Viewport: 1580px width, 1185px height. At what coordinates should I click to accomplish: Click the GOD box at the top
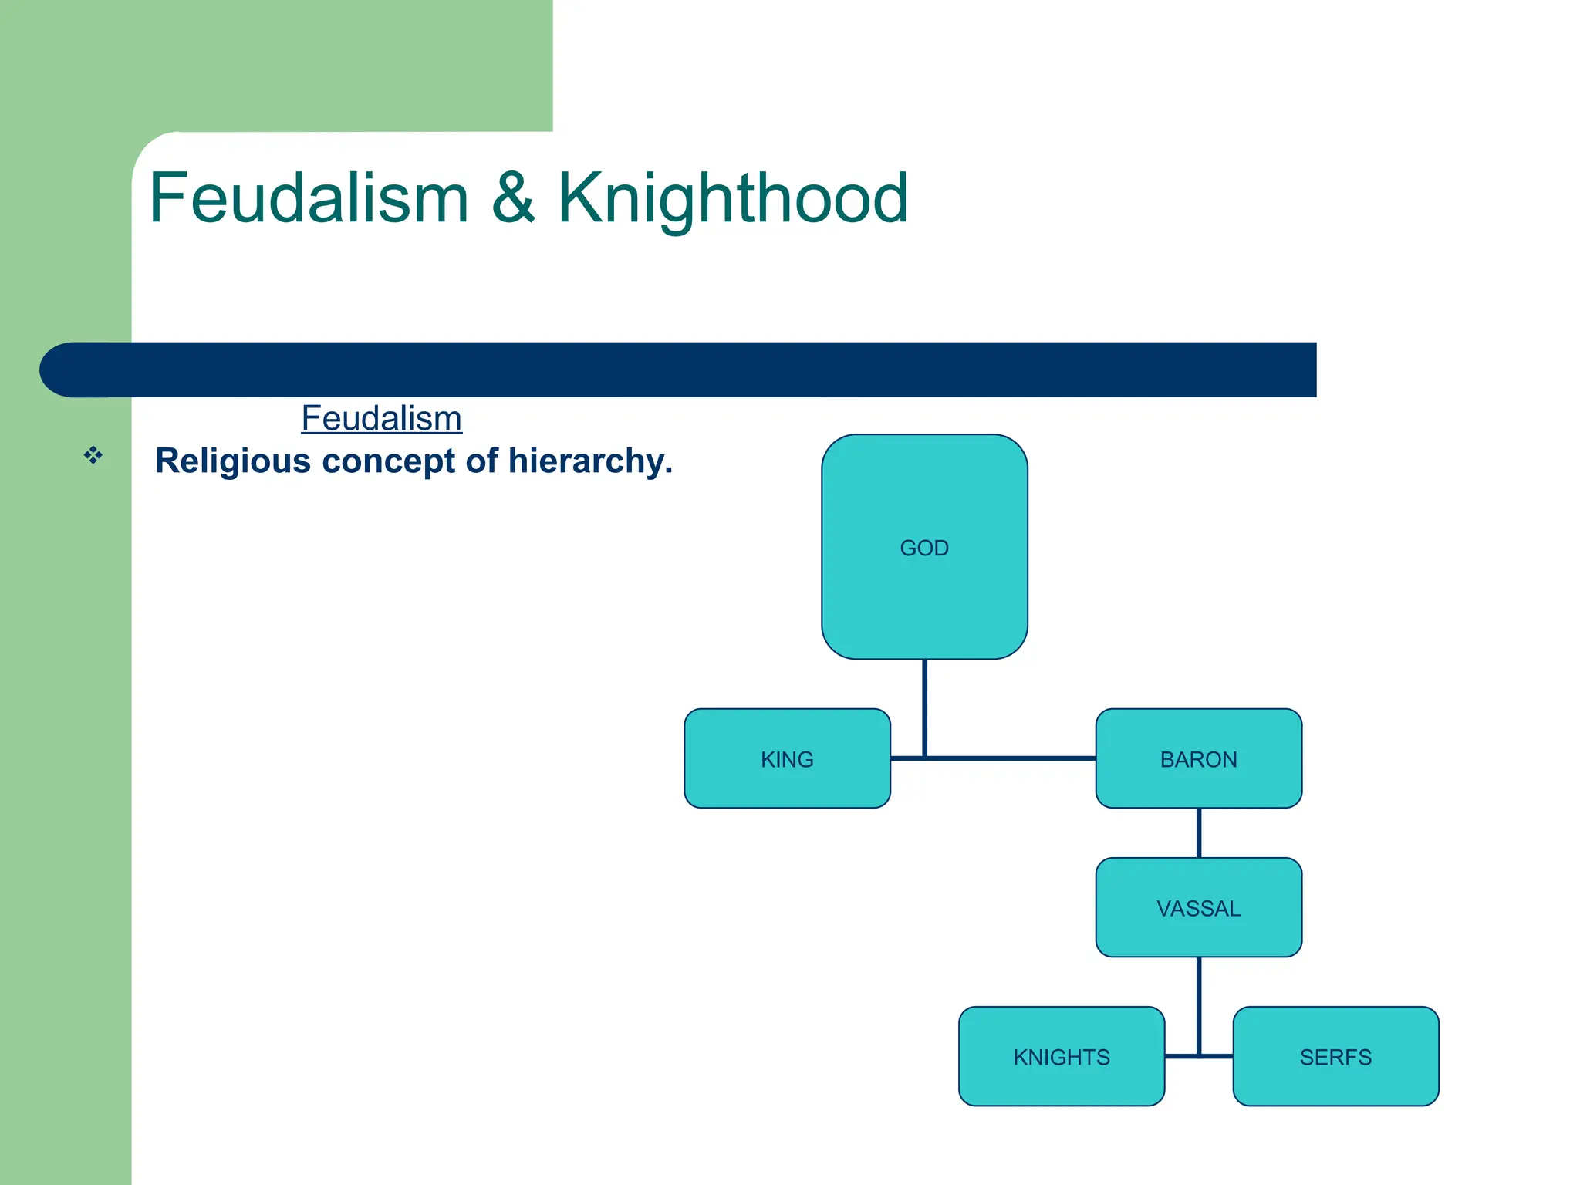[924, 546]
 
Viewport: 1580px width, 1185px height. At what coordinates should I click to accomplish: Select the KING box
[787, 758]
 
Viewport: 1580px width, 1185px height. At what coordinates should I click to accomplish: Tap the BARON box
[1198, 758]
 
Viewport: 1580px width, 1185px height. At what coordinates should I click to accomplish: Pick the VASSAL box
[1198, 907]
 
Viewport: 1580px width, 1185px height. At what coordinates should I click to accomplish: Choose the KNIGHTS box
[1061, 1056]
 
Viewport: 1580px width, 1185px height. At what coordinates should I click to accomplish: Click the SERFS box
[1335, 1056]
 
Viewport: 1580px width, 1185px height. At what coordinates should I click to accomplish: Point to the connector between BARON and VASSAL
[1198, 832]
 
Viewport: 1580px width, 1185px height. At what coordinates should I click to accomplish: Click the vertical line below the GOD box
[924, 706]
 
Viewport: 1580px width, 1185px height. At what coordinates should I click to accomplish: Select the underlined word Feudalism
[381, 418]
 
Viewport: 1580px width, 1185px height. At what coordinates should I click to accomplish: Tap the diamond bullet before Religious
[93, 455]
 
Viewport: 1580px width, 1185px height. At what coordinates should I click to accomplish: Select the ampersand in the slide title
[512, 199]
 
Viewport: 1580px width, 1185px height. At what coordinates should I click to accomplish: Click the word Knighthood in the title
[732, 199]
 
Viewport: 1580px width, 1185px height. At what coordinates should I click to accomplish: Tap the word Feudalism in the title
[309, 199]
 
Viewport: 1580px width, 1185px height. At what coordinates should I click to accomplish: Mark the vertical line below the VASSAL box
[1198, 1003]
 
